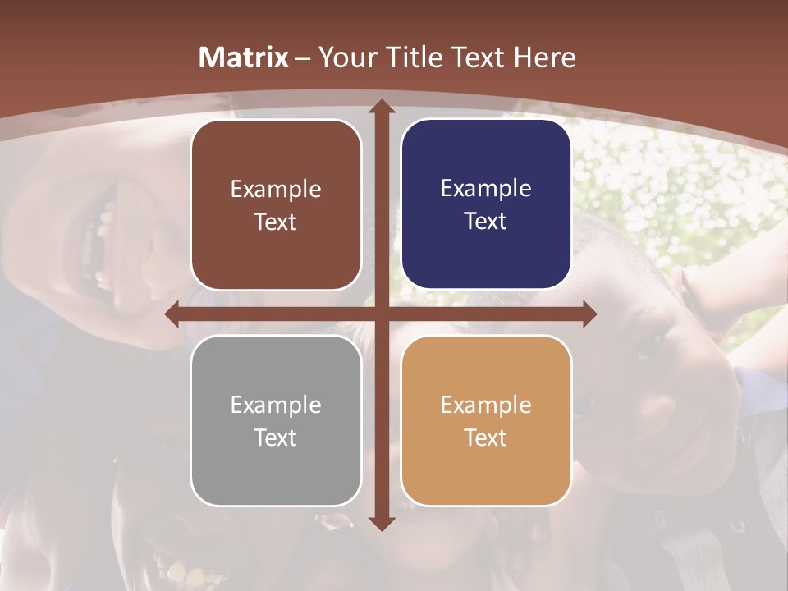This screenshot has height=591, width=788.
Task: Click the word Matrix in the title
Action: click(x=244, y=57)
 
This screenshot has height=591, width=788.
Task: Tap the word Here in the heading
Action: click(x=544, y=57)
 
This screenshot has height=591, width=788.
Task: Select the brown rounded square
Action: click(x=276, y=204)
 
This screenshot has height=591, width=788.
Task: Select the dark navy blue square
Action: click(x=486, y=204)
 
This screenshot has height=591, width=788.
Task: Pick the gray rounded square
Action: click(x=276, y=420)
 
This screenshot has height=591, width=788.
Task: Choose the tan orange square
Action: click(x=486, y=420)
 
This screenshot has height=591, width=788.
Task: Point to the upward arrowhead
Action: click(x=381, y=108)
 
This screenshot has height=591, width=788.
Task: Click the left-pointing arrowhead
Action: click(x=173, y=314)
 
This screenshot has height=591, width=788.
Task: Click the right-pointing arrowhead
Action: click(x=589, y=314)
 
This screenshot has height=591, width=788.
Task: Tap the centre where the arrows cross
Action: click(x=381, y=314)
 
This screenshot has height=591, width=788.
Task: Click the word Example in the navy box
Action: click(x=486, y=189)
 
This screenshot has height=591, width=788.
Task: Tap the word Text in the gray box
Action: click(x=276, y=438)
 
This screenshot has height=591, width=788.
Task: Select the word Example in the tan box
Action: click(x=486, y=405)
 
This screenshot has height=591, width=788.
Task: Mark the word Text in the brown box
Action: click(x=276, y=222)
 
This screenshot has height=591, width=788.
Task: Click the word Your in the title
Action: click(x=344, y=57)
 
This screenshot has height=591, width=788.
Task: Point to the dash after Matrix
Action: click(x=303, y=58)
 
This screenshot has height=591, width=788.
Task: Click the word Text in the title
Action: click(x=475, y=57)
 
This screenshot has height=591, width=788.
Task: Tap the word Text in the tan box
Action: click(x=486, y=438)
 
